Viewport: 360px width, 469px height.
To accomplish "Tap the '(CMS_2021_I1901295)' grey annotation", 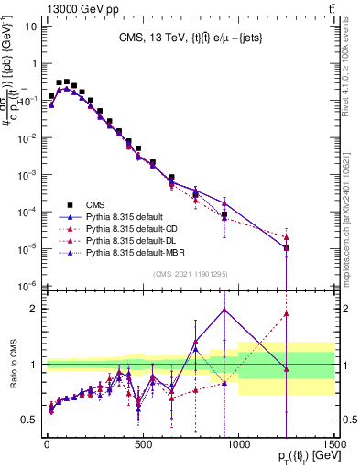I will click(190, 274).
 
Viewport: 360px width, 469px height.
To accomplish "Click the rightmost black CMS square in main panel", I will click(287, 247).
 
